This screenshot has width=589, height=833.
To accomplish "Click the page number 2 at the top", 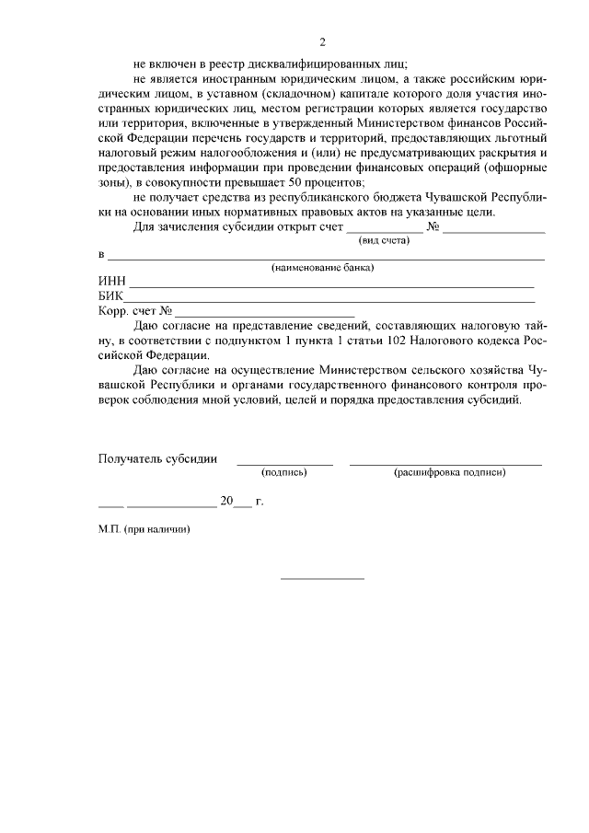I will pyautogui.click(x=322, y=41).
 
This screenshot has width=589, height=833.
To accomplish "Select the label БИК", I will pyautogui.click(x=110, y=296).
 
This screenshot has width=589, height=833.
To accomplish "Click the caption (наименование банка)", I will pyautogui.click(x=322, y=268).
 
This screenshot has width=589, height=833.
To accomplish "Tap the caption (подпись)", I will pyautogui.click(x=284, y=471).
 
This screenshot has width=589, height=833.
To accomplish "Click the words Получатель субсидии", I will pyautogui.click(x=157, y=458).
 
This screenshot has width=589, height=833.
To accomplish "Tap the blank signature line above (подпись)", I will pyautogui.click(x=284, y=462).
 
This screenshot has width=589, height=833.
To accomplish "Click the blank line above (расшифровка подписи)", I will pyautogui.click(x=445, y=462).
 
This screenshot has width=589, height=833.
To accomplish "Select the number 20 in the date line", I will pyautogui.click(x=226, y=502).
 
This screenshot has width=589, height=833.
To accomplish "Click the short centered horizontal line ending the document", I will pyautogui.click(x=322, y=578).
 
